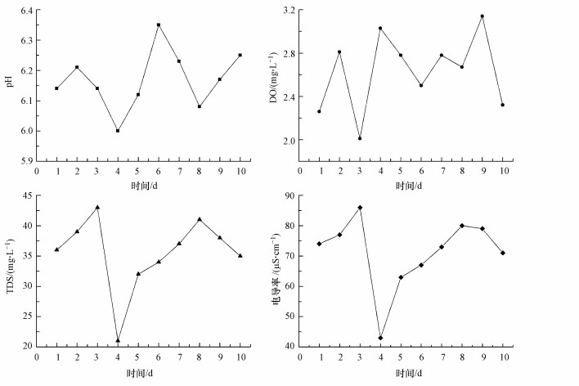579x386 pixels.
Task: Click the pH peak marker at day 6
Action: [x=159, y=25]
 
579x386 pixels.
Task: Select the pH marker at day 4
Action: [x=118, y=131]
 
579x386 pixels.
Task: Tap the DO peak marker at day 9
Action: [x=482, y=16]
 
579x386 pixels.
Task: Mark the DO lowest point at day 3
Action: [x=361, y=138]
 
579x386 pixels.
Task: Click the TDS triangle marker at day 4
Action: [x=118, y=340]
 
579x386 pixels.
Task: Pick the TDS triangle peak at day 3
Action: [x=97, y=207]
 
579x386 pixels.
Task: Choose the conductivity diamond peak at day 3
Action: [x=361, y=208]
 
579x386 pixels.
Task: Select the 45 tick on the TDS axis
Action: [x=25, y=195]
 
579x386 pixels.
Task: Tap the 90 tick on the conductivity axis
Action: [x=289, y=195]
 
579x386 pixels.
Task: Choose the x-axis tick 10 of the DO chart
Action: [x=503, y=171]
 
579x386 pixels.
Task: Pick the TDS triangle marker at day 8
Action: [x=200, y=219]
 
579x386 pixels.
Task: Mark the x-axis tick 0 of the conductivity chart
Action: [x=300, y=357]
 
